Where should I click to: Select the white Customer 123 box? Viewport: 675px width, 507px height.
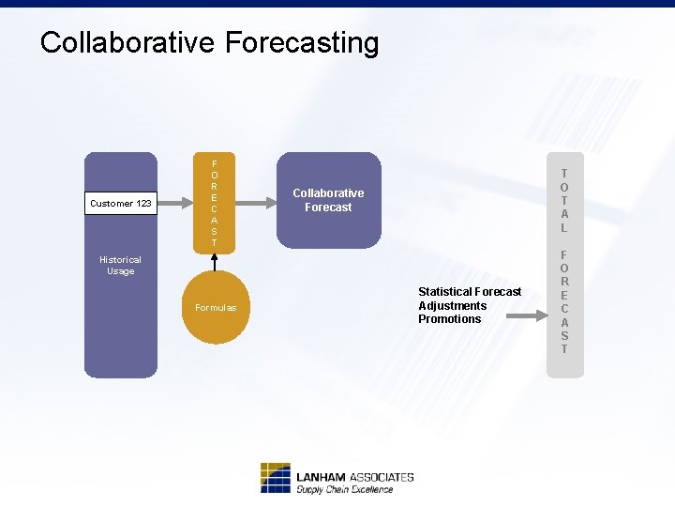click(121, 203)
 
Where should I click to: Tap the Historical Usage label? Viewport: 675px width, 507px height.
click(120, 266)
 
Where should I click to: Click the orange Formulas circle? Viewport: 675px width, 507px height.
click(216, 308)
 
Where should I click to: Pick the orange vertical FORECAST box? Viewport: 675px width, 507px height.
click(214, 203)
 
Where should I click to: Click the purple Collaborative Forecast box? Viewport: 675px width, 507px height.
click(328, 200)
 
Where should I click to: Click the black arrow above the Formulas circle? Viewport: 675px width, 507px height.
click(215, 262)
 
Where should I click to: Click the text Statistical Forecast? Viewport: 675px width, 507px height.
click(470, 292)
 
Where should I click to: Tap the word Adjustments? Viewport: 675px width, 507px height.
click(452, 306)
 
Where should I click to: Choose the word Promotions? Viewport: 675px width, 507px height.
click(449, 319)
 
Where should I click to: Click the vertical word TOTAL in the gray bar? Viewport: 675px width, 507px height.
click(564, 200)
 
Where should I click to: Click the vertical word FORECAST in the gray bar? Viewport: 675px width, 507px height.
click(564, 301)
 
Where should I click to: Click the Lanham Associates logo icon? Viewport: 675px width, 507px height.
click(275, 478)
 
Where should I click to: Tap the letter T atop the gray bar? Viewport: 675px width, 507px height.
click(564, 173)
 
